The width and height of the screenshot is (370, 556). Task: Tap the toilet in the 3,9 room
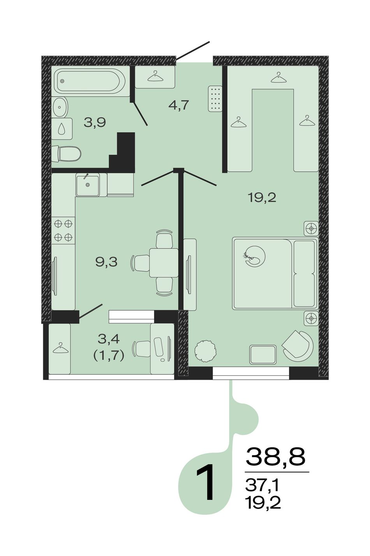coord(66,154)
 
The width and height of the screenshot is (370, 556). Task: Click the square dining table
coord(164,263)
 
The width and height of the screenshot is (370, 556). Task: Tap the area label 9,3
coord(106,262)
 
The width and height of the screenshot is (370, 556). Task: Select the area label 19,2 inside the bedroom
coord(262,198)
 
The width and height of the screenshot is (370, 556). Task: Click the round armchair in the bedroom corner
coord(297,346)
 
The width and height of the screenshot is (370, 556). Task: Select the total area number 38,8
coord(275,456)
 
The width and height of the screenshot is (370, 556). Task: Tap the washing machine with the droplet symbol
coord(62,128)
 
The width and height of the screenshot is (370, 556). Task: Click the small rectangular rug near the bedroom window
coord(263,354)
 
